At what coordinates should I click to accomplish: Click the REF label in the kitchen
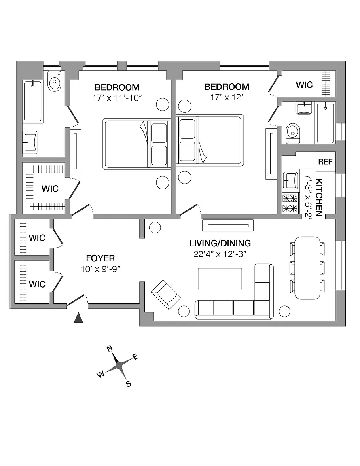(325, 162)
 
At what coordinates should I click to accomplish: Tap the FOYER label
(100, 258)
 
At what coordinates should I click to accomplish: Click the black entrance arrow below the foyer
(78, 318)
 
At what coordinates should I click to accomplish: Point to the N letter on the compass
(109, 348)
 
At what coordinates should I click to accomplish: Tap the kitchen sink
(290, 180)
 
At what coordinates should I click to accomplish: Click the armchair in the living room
(166, 294)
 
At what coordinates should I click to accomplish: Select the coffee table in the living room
(220, 279)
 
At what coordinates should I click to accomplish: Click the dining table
(307, 268)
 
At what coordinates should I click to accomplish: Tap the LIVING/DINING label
(220, 243)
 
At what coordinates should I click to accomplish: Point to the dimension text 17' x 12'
(227, 97)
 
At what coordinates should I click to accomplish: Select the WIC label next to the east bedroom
(304, 85)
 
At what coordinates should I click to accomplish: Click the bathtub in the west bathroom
(33, 102)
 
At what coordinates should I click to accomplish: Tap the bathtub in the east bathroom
(326, 123)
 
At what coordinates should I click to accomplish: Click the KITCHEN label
(319, 197)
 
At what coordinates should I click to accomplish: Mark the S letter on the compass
(129, 384)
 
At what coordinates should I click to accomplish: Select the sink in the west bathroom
(30, 142)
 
